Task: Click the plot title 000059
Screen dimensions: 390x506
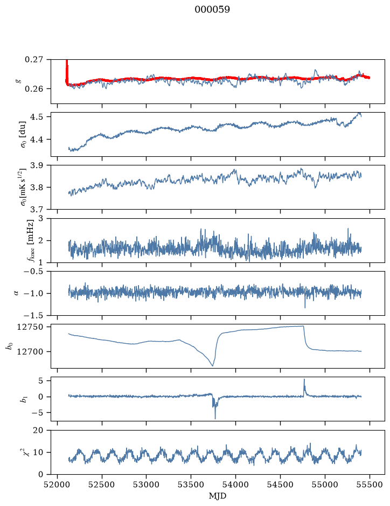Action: click(212, 10)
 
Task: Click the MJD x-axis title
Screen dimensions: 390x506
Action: click(218, 496)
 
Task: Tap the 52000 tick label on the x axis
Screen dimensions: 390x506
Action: click(58, 484)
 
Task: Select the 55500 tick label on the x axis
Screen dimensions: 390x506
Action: click(370, 484)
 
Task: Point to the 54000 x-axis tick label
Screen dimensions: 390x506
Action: click(235, 484)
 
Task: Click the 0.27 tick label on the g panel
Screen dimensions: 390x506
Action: click(34, 60)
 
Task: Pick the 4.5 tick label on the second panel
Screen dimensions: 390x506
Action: click(37, 116)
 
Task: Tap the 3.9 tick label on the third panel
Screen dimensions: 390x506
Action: click(37, 165)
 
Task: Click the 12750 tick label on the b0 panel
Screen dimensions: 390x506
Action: click(30, 327)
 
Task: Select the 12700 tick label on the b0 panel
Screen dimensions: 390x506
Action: click(30, 351)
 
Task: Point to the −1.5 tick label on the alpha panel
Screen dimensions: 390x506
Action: click(33, 315)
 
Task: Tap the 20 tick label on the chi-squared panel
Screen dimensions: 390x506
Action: click(38, 431)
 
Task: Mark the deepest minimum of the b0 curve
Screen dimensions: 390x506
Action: click(213, 365)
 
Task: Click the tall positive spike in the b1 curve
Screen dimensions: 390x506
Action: click(304, 380)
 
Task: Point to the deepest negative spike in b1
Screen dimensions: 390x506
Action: click(215, 418)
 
